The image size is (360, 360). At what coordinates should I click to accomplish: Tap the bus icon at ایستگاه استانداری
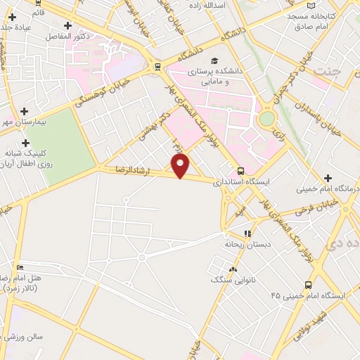tap(241, 170)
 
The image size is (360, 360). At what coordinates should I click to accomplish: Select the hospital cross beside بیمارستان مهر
tap(25, 111)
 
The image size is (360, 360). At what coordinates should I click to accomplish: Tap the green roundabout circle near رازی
tap(266, 119)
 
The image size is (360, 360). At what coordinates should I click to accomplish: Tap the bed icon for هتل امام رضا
tap(20, 267)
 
